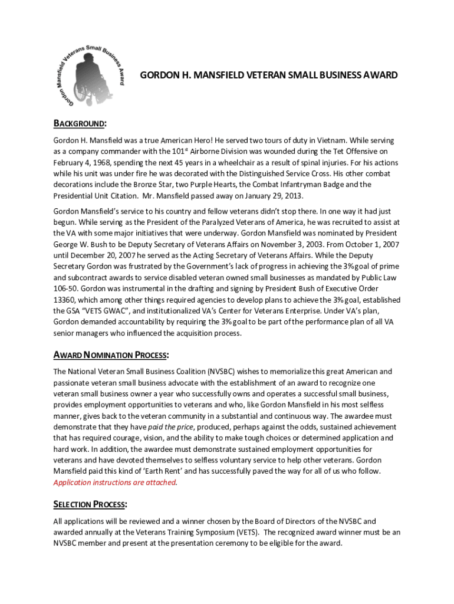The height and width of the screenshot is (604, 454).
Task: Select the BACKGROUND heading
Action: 80,123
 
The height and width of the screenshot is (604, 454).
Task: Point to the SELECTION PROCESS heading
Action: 90,504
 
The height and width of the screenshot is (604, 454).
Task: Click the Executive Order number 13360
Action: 66,300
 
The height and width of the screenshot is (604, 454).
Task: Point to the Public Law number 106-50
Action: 65,288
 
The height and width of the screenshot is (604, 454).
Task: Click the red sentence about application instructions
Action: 115,482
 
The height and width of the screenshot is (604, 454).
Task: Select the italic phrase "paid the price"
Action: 171,426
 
